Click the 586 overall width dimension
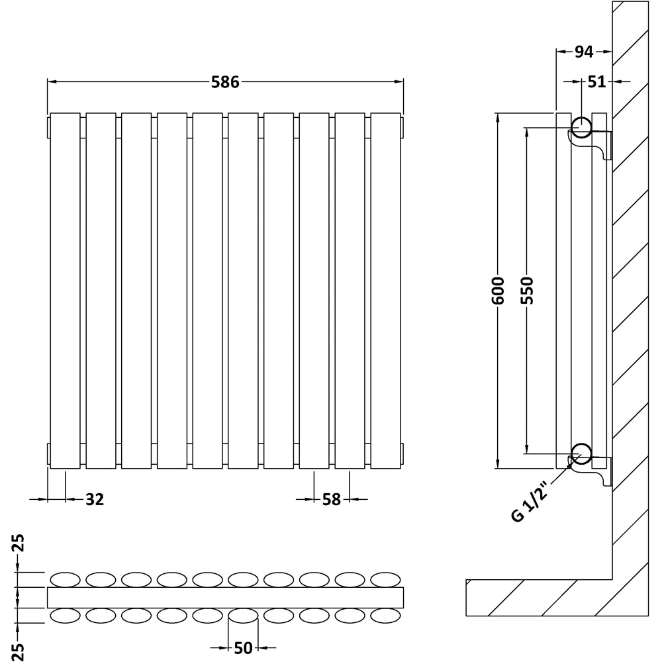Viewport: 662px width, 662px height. click(224, 82)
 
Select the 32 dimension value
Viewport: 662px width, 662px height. click(95, 499)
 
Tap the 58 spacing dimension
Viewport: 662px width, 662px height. click(331, 499)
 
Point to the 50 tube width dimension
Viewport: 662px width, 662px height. click(243, 647)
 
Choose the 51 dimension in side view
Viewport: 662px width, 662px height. click(596, 81)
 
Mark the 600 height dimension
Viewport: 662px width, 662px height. click(498, 291)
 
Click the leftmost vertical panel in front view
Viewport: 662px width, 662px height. click(65, 291)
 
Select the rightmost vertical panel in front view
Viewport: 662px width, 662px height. click(386, 291)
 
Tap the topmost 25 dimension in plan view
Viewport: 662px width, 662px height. click(20, 544)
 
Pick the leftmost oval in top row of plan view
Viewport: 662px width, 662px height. click(65, 579)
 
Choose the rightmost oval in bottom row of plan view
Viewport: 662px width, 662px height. click(386, 616)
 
